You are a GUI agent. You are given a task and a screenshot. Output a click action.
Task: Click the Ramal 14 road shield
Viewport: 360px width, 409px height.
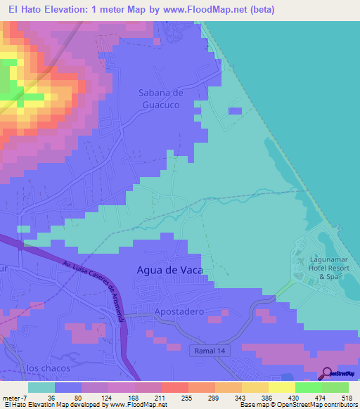[x=207, y=349]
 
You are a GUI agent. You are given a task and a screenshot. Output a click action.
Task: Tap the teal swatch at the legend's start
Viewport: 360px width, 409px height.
[x=41, y=387]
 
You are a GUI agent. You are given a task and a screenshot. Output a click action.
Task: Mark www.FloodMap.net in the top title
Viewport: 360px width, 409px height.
[x=205, y=10]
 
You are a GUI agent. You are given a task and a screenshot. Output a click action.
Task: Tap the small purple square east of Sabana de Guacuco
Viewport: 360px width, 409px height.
[x=235, y=110]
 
